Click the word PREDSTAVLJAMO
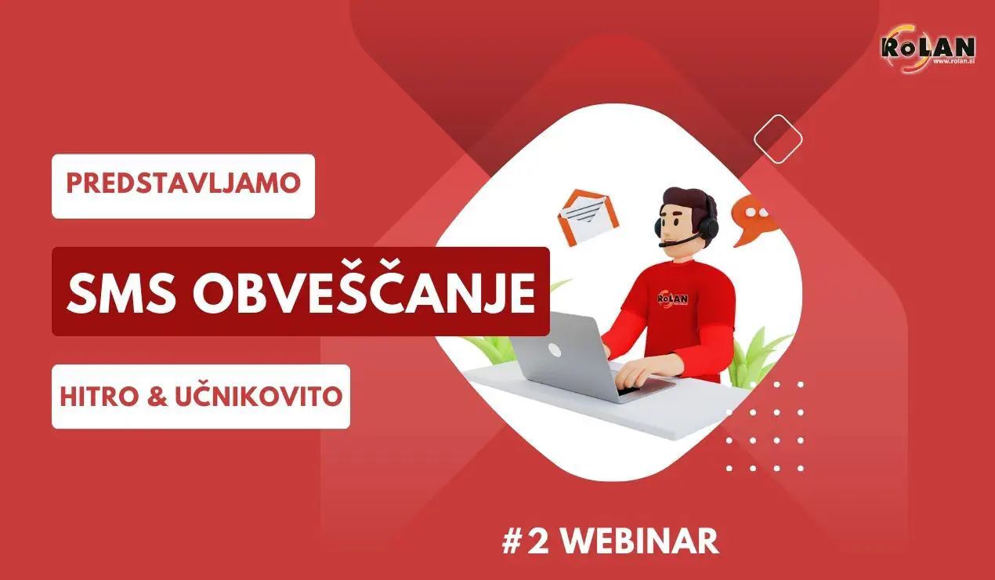tap(183, 184)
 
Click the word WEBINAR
tap(640, 542)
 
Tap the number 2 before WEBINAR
tap(537, 542)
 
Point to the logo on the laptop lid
tap(554, 350)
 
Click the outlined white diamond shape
tap(778, 139)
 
